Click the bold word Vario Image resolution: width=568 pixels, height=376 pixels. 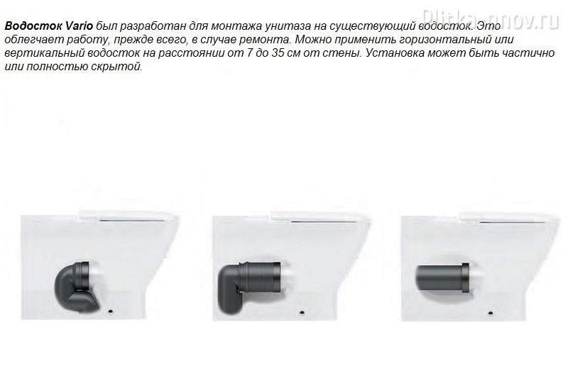point(80,26)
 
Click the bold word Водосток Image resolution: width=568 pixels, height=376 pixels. point(34,26)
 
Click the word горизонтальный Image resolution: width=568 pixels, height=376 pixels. point(450,40)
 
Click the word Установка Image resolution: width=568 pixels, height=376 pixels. point(395,53)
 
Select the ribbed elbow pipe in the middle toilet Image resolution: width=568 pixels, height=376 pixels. point(248,286)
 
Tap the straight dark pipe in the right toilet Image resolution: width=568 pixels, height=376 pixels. point(442,277)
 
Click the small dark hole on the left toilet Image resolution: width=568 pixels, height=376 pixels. point(111,311)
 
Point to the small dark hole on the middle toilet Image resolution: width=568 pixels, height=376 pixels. point(302,311)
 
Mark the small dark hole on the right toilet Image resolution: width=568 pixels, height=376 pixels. point(491,313)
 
